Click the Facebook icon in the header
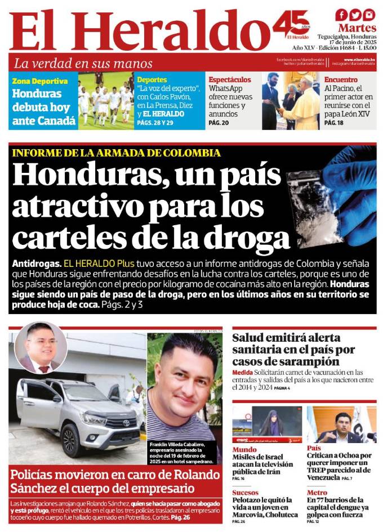pyautogui.click(x=341, y=15)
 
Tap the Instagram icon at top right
pyautogui.click(x=369, y=15)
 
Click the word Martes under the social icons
pyautogui.click(x=357, y=28)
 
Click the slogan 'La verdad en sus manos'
pyautogui.click(x=83, y=63)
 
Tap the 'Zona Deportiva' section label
pyautogui.click(x=40, y=81)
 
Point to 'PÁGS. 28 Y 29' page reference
pyautogui.click(x=154, y=122)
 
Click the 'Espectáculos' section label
pyautogui.click(x=229, y=80)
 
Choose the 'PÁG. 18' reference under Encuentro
pyautogui.click(x=333, y=122)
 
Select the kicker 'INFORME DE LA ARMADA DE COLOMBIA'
pyautogui.click(x=116, y=153)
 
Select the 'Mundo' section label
pyautogui.click(x=244, y=449)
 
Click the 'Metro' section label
pyautogui.click(x=317, y=493)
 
